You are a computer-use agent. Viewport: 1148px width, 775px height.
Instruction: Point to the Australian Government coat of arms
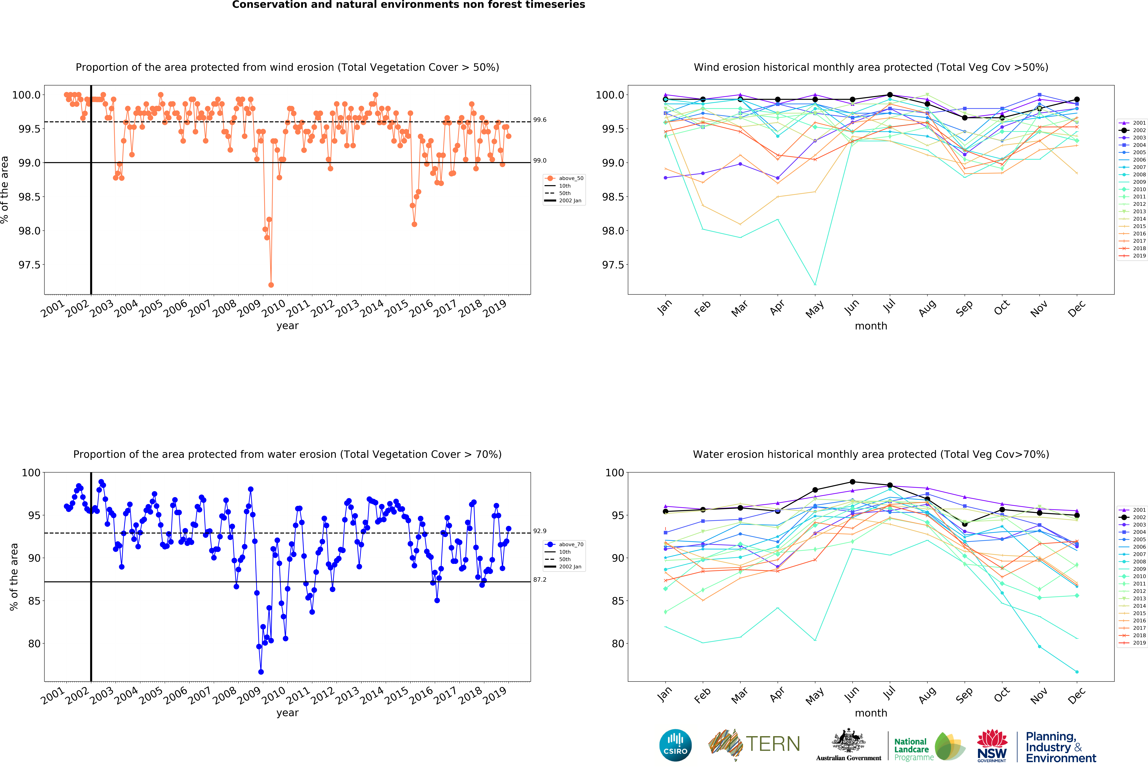coord(848,740)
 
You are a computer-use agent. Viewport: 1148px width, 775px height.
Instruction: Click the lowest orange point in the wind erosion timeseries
coord(271,285)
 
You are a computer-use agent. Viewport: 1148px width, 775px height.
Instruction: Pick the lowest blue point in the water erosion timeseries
coord(261,672)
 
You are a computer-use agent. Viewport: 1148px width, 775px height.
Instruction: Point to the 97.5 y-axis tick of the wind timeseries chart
coord(30,265)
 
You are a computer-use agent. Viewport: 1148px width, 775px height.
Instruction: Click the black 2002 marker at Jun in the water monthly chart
coord(853,482)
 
